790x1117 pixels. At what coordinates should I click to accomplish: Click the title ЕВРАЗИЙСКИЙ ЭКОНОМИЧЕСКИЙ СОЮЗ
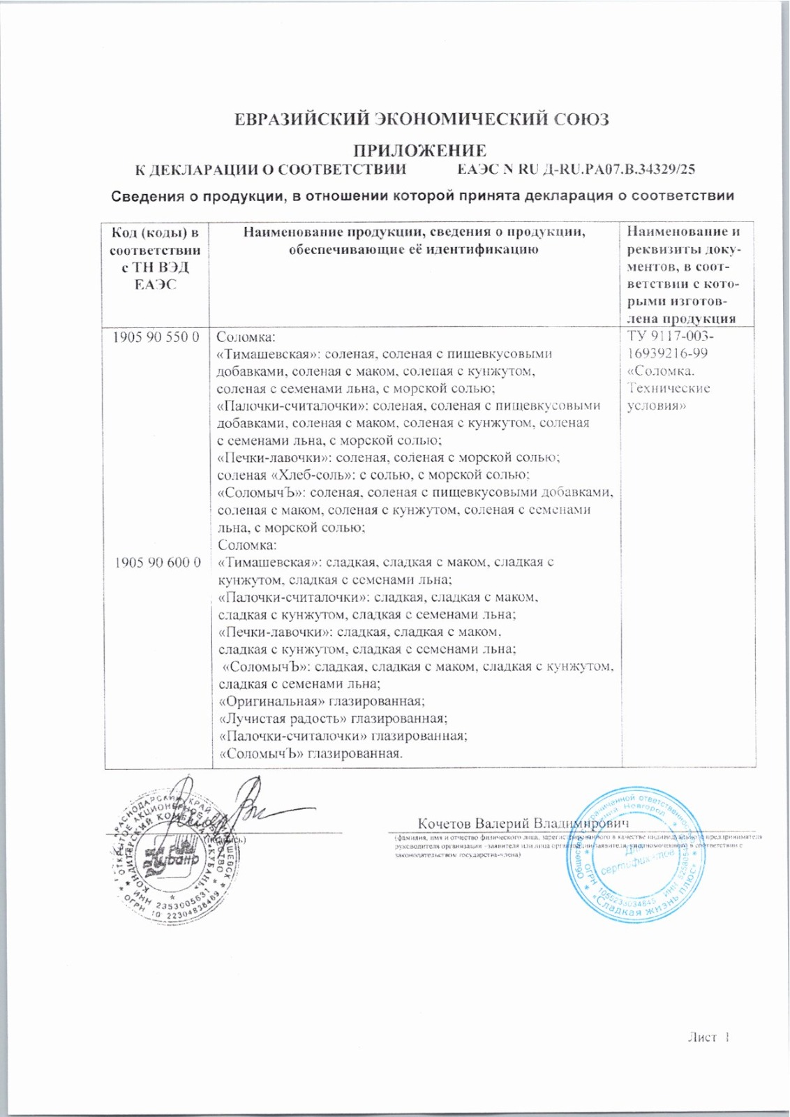(422, 119)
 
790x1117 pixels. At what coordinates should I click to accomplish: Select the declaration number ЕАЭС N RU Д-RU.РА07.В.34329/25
(576, 170)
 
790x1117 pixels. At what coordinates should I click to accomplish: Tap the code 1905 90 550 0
(157, 336)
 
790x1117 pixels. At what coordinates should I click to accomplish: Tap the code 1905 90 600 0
(157, 562)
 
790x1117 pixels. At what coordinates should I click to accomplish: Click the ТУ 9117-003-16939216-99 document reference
(667, 345)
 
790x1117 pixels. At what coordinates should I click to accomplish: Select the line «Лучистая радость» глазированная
(333, 718)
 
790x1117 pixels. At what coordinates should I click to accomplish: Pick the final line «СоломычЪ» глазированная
(311, 753)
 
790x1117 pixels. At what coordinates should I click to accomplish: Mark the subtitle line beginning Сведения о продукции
(423, 195)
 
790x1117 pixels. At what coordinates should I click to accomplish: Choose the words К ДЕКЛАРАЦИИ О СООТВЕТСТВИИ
(270, 170)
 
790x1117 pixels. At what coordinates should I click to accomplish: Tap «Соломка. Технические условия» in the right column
(669, 388)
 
